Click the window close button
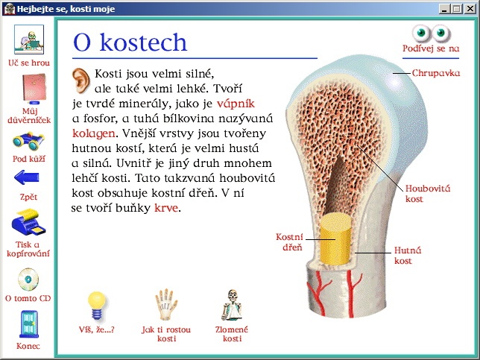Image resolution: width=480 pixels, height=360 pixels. coord(470,9)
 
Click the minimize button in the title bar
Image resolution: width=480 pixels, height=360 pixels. coord(444,9)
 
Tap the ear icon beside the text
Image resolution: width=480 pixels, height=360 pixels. coord(80,80)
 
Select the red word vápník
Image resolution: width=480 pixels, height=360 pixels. coord(236,104)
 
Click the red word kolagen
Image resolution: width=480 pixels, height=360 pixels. coord(94,133)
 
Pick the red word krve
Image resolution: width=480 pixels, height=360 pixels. coord(166,208)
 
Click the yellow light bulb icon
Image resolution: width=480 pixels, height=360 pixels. coord(97,306)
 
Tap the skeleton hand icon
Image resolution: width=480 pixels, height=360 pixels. coord(166,305)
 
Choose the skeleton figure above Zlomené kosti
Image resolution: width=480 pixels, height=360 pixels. coord(232,305)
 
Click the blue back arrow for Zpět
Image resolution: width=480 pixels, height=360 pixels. coord(27,177)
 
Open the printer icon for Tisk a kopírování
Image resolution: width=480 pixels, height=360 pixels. coord(28,222)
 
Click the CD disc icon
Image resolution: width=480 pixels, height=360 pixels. coord(28,280)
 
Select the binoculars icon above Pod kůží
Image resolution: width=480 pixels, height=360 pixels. coord(28,141)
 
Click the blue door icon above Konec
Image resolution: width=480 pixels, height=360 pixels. coord(29,324)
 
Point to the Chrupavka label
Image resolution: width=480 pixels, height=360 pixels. coord(436,73)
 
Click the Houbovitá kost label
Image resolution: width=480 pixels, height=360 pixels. coord(428,194)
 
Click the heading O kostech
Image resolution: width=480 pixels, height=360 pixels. coord(130,42)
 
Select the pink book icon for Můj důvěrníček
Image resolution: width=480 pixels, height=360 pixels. coord(34,88)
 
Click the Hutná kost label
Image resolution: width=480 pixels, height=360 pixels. coord(408,256)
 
